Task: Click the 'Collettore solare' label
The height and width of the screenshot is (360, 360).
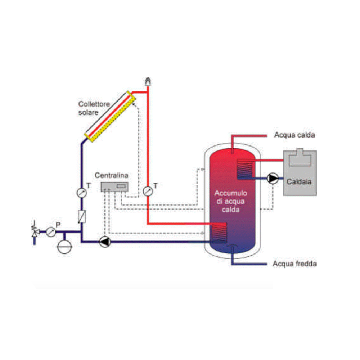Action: point(94,108)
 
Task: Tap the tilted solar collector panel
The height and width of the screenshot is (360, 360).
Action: point(110,116)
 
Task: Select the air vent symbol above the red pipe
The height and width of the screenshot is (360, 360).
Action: point(148,81)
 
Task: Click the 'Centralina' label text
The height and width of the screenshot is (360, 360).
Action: point(111,175)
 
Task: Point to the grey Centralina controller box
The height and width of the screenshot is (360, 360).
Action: point(114,187)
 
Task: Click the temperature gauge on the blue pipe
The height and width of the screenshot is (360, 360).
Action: point(82,193)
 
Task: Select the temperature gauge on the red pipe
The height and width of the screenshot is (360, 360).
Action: point(148,191)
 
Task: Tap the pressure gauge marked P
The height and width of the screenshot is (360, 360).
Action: point(51,232)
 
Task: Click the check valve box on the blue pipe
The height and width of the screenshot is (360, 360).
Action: point(82,216)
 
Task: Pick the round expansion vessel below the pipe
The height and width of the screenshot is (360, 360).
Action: point(64,247)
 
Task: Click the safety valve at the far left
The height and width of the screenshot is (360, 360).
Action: point(35,230)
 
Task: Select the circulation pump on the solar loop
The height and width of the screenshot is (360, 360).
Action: point(105,242)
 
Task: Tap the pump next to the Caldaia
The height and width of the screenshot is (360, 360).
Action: point(273,178)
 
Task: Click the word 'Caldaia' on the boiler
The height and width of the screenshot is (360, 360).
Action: point(299,181)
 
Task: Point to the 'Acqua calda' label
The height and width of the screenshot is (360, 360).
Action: point(294,135)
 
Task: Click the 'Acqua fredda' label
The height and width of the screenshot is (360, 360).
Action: point(294,264)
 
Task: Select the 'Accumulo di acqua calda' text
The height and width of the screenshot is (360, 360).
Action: point(230,201)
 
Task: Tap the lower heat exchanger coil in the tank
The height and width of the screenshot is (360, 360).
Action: point(219,232)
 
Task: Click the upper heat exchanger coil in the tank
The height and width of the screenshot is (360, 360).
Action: point(245,169)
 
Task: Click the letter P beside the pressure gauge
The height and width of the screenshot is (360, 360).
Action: point(58,225)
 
